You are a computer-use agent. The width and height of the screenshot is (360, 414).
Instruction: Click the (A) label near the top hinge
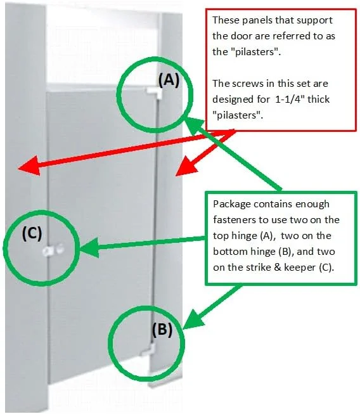[169, 80]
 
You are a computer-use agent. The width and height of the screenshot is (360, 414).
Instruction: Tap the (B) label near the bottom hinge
[162, 330]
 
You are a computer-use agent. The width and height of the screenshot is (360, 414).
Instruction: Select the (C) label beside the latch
[32, 233]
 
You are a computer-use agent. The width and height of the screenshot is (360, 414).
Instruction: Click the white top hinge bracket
[155, 93]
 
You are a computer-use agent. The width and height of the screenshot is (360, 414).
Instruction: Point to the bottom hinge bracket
[148, 350]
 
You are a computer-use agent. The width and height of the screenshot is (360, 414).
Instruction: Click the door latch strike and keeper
[53, 250]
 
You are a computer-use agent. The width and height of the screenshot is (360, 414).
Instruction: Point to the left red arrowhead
[29, 165]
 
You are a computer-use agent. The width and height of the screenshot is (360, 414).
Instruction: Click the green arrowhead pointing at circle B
[193, 319]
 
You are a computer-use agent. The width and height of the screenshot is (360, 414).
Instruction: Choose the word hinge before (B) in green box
[264, 252]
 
